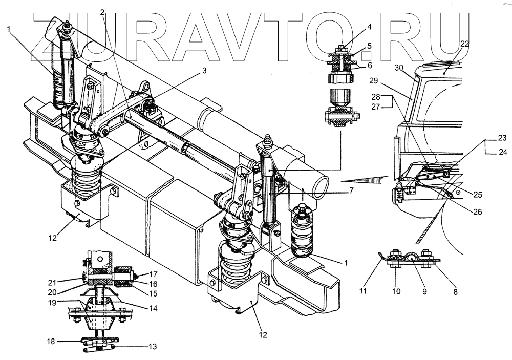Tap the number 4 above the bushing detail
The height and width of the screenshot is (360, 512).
369,27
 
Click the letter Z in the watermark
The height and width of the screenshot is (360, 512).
56,33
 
